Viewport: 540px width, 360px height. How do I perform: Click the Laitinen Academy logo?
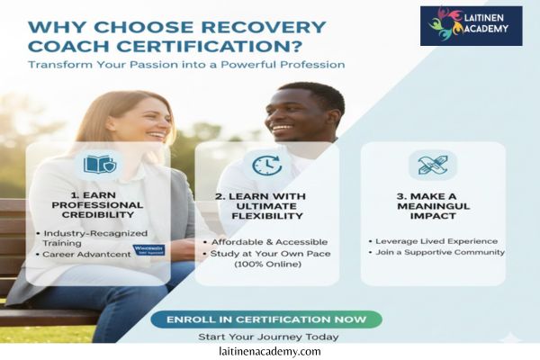coord(471,25)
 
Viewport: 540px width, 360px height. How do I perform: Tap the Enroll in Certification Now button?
coord(266,319)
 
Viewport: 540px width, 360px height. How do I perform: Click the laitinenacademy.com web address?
coord(269,352)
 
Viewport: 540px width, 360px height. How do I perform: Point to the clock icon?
coord(266,166)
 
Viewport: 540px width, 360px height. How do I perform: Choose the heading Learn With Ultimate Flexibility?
coord(266,204)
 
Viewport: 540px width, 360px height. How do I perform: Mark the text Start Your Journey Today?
coord(268,337)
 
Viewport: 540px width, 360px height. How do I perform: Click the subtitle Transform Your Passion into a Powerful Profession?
coord(185,65)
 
